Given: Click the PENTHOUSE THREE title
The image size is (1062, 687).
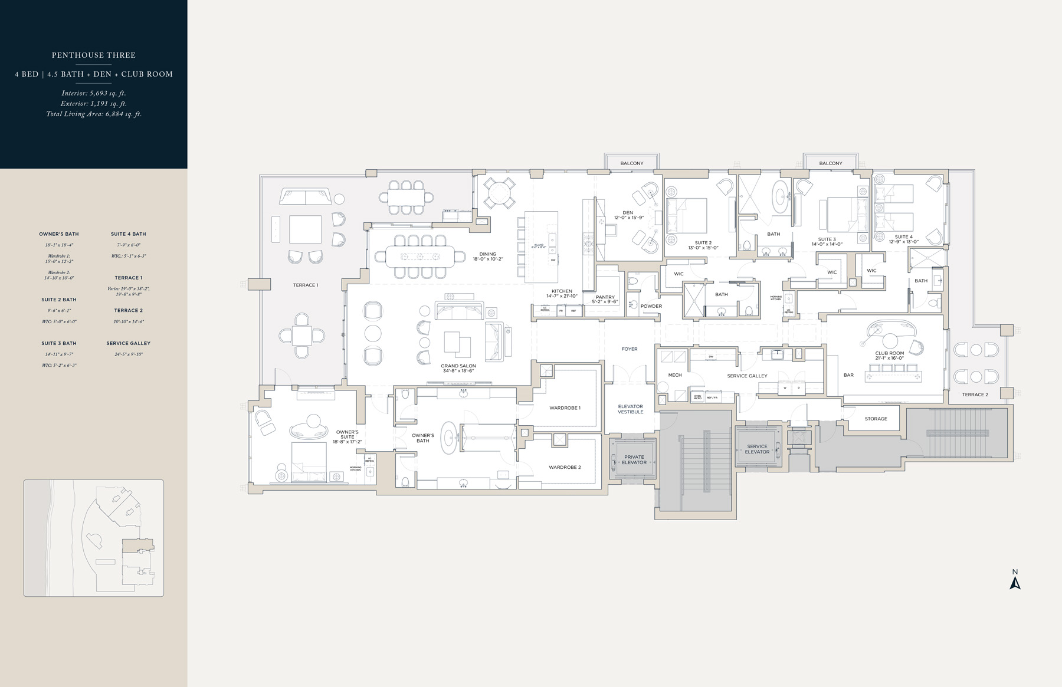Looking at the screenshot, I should coord(94,55).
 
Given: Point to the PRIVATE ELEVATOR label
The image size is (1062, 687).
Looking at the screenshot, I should coord(634,459).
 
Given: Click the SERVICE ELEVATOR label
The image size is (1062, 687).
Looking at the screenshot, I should coord(757,449).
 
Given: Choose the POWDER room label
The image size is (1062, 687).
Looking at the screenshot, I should coord(651,306).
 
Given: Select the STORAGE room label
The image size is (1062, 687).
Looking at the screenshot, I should coord(876,419).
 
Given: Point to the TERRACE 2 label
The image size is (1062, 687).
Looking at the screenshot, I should coord(975,395).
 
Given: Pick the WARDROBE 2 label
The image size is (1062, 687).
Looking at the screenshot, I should coord(565,467).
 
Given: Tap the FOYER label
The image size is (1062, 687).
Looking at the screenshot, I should coord(630,349).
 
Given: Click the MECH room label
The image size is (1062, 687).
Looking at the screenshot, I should coord(675,375).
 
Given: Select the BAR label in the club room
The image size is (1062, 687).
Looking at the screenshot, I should coord(848,375).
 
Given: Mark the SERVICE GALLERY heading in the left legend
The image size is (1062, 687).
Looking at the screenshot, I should coord(128,343).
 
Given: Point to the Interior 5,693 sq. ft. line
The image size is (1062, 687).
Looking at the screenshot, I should coord(94,93).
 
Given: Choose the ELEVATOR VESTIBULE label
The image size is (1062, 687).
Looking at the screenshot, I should coord(630,409).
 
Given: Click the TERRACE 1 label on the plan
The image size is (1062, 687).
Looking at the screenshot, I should coord(305,285).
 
